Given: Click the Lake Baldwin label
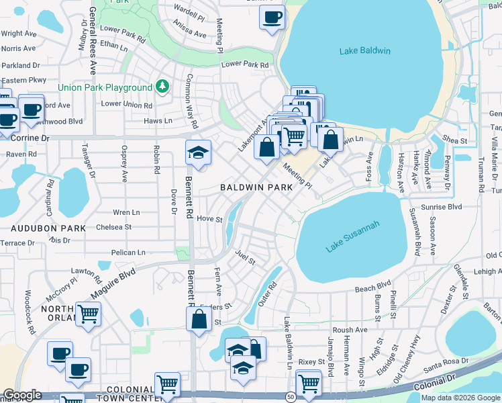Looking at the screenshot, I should pyautogui.click(x=365, y=51).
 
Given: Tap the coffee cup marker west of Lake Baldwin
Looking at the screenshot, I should pyautogui.click(x=272, y=17).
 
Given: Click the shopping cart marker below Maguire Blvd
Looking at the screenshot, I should pyautogui.click(x=89, y=314).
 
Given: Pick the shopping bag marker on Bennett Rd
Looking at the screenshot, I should pyautogui.click(x=199, y=319).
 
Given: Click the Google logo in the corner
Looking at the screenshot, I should pyautogui.click(x=22, y=395).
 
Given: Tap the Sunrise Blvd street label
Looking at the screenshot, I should pyautogui.click(x=442, y=208).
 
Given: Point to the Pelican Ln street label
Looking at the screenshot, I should pyautogui.click(x=129, y=253).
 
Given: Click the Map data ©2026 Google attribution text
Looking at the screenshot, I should pyautogui.click(x=460, y=398).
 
